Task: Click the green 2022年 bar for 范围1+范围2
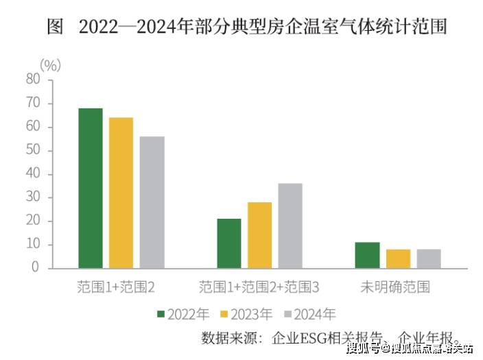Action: click(90, 188)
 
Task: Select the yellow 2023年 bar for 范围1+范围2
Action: click(121, 193)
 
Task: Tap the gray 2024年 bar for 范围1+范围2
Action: click(152, 202)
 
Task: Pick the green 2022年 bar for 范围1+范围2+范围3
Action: click(229, 243)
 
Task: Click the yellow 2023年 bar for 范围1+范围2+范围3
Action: click(259, 235)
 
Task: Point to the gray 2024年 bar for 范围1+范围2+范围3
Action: click(290, 226)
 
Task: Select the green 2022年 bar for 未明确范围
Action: click(367, 255)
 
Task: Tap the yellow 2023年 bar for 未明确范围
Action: click(398, 259)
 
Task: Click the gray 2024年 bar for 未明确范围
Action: click(429, 259)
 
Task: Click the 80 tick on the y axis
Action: click(33, 80)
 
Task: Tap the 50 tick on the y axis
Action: click(33, 150)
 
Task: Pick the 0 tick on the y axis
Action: click(36, 268)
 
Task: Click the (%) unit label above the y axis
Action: click(50, 66)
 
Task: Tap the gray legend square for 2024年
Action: click(287, 315)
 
